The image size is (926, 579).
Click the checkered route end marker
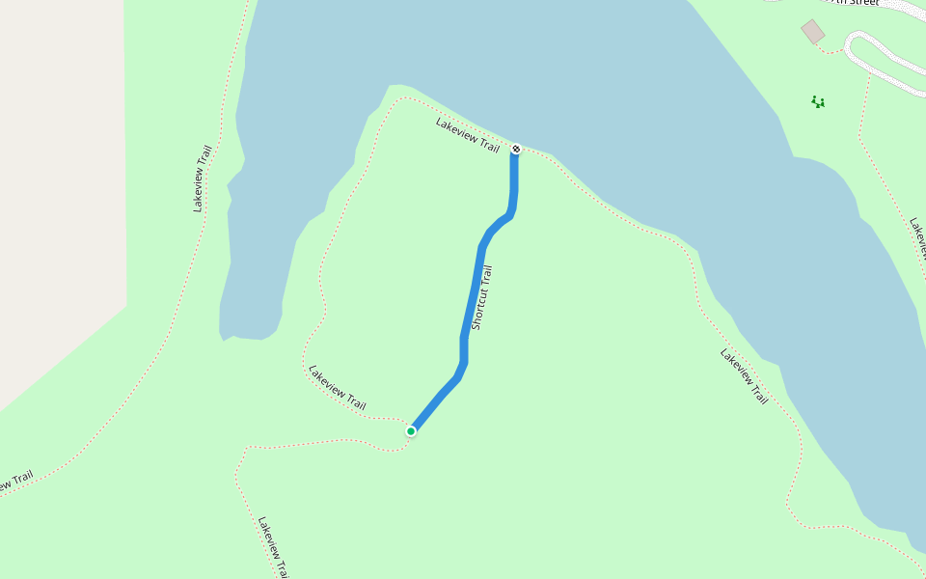tap(516, 149)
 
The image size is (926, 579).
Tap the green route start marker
tap(411, 430)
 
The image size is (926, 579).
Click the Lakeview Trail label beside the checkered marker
tap(467, 135)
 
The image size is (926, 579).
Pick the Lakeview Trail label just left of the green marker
tap(337, 386)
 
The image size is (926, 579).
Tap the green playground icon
tap(818, 101)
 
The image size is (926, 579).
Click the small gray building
tap(813, 32)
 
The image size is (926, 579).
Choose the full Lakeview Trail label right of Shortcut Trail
tap(744, 375)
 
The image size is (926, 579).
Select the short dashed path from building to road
tap(830, 48)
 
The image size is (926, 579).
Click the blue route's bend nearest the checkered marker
tap(508, 215)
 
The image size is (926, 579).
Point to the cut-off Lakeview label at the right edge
tap(917, 237)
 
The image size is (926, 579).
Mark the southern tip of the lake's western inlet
tap(228, 338)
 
